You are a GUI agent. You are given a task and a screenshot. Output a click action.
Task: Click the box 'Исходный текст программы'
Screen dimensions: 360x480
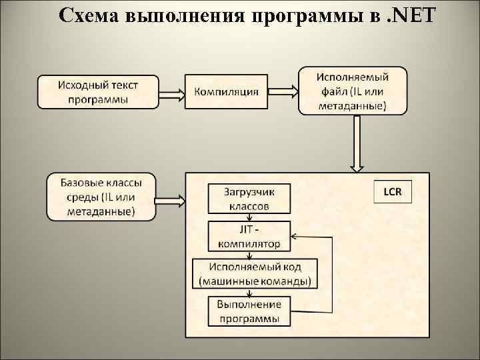[x=98, y=91]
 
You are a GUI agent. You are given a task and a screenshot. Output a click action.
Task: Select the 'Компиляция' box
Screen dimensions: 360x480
[x=226, y=91]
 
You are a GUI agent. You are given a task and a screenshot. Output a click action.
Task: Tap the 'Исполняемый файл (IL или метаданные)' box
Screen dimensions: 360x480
[x=352, y=90]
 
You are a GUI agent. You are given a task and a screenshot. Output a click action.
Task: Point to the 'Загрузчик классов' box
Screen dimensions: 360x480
[x=249, y=199]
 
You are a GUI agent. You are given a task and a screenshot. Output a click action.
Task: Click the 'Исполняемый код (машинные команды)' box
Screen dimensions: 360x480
[x=254, y=273]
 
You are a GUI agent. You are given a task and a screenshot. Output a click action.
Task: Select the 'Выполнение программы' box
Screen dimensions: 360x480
[x=249, y=311]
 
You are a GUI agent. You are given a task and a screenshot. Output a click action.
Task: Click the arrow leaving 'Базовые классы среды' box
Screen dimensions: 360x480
[x=169, y=198]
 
